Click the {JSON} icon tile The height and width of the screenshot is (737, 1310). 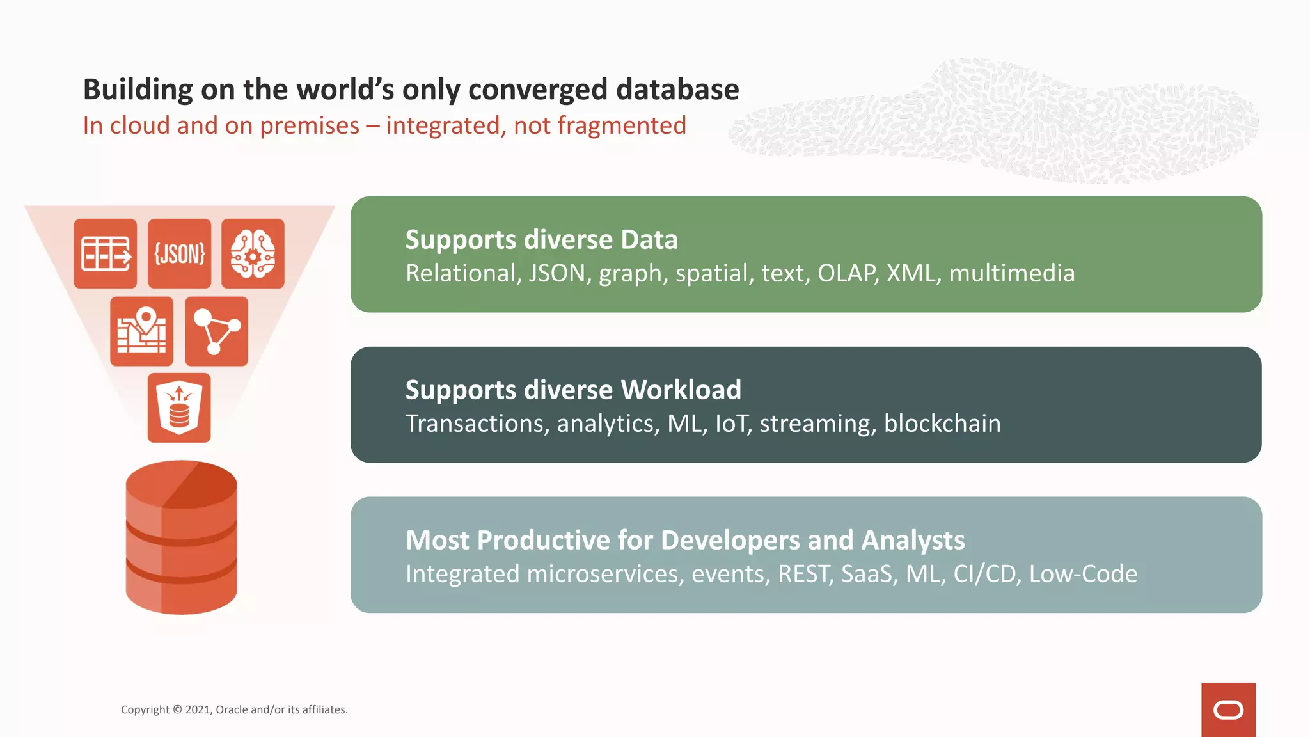(x=179, y=253)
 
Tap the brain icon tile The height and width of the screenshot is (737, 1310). (x=253, y=253)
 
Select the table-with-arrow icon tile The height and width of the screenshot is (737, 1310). (x=106, y=253)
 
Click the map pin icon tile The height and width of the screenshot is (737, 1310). (x=141, y=331)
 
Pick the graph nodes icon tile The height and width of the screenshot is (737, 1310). (x=216, y=331)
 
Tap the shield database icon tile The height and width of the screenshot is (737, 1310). (x=179, y=408)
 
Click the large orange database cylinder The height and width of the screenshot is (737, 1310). (x=181, y=537)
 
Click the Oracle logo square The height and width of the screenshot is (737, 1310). (x=1228, y=709)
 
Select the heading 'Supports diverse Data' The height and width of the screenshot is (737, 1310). (x=541, y=240)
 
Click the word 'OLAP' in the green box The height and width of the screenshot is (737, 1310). (x=847, y=274)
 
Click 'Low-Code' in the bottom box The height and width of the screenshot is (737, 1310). (x=1083, y=575)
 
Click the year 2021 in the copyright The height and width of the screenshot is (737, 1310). (x=198, y=709)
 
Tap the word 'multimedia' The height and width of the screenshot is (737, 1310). (x=1011, y=274)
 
